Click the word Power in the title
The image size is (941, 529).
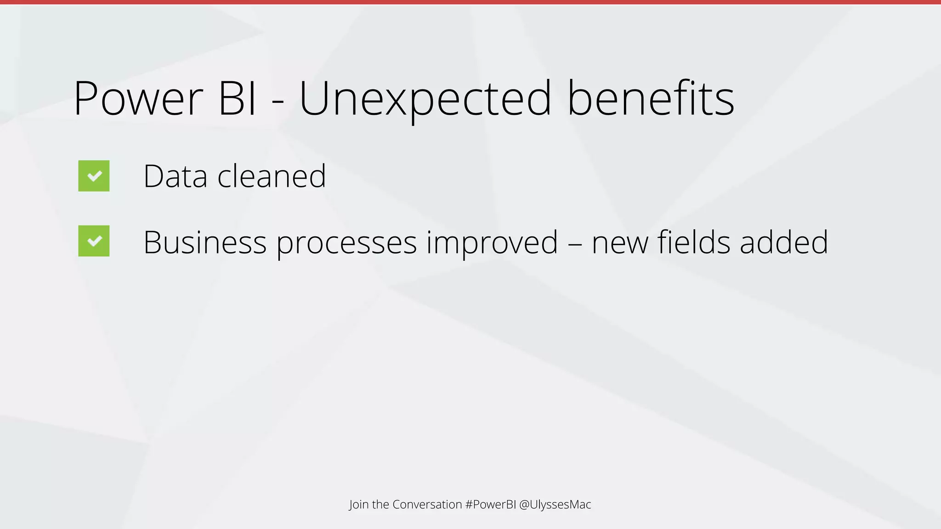[138, 99]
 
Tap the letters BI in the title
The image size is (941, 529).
[237, 99]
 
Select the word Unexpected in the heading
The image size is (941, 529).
[425, 99]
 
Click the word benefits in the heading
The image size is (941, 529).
[651, 99]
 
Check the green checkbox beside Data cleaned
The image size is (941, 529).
[94, 176]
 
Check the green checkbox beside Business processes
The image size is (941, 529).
[94, 241]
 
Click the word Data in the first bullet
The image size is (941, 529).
[175, 176]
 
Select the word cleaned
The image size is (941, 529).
[272, 176]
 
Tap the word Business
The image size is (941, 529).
[205, 242]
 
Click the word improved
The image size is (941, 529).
[492, 242]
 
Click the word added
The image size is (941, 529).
[784, 242]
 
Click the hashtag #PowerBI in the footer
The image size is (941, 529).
[490, 504]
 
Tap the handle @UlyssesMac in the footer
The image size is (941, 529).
[555, 504]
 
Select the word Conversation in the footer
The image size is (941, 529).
[427, 504]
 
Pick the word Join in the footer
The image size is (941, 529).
[359, 504]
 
